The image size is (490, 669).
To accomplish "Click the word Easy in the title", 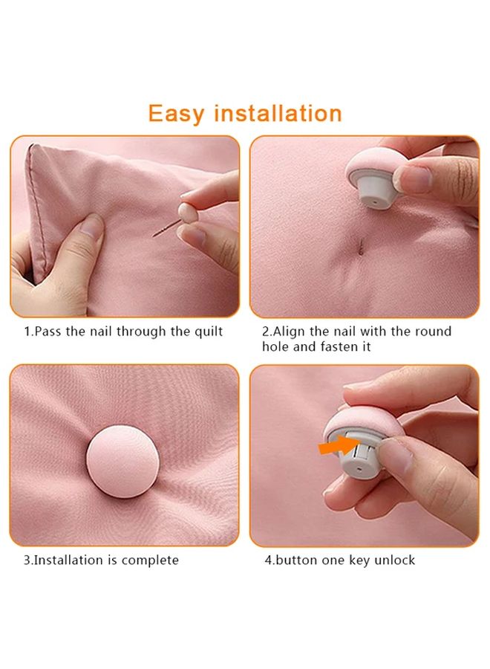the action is coord(177,114).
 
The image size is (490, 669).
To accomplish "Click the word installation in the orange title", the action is coord(278,114).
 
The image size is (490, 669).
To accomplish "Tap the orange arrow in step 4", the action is coord(339,445).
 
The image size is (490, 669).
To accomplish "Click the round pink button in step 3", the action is coord(122,461).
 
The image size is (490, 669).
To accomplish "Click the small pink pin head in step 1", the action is coord(188,212).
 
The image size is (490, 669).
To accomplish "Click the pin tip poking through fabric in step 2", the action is coord(361,247).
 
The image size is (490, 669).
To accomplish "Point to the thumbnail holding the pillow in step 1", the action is coord(91,225).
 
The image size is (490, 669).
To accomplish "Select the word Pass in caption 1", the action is coord(47,332).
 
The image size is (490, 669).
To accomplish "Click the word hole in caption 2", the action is coord(275,346).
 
